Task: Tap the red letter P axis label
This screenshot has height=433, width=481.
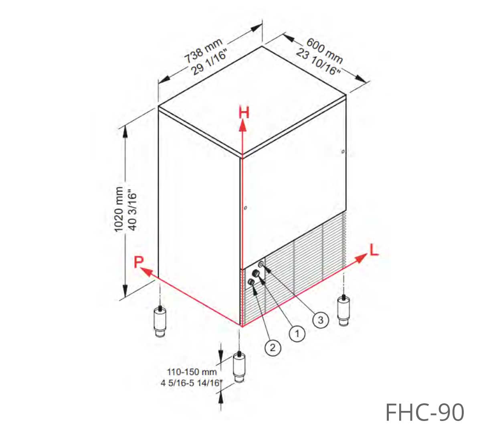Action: [139, 262]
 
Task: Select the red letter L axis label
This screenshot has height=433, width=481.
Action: [374, 250]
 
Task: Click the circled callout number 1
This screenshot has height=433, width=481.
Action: [297, 334]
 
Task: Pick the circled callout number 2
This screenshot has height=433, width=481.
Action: [273, 348]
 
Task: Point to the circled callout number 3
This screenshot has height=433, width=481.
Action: [321, 320]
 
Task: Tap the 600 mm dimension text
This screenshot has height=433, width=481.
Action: [325, 51]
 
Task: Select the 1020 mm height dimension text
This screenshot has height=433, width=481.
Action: [119, 209]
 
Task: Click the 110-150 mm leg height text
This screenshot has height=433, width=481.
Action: [192, 372]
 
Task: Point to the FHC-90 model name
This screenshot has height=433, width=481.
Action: [424, 412]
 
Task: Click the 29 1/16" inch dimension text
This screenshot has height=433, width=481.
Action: [209, 63]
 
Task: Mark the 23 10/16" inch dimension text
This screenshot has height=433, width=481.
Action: [318, 62]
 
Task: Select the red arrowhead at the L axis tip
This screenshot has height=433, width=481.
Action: [361, 258]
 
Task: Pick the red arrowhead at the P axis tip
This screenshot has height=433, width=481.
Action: [147, 273]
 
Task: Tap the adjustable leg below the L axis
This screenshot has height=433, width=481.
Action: [344, 311]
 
